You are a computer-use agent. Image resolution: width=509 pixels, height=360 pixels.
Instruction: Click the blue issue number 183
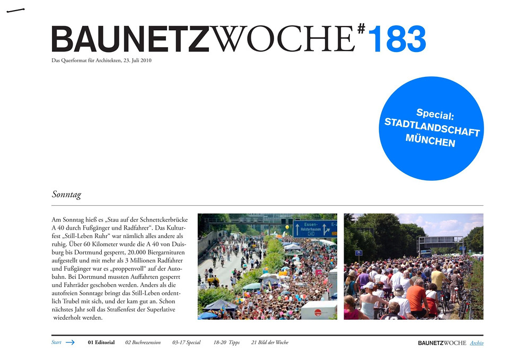397,40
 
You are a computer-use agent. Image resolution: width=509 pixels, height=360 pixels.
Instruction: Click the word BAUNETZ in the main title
130,40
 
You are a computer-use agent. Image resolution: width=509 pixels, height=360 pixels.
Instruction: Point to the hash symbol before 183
361,30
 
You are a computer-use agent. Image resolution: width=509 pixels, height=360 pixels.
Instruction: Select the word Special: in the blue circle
435,113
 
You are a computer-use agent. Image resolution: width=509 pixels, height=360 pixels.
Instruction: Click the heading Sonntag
66,195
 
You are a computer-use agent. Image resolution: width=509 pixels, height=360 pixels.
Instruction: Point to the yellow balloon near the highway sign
287,227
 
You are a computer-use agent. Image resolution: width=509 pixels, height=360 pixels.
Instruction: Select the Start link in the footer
57,343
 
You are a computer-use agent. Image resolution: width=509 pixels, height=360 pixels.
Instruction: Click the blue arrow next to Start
70,343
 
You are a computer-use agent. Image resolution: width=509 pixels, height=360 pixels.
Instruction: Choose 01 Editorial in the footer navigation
101,343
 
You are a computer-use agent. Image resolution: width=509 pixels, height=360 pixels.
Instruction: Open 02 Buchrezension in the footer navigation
143,343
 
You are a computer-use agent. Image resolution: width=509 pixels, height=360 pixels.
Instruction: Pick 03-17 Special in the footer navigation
186,343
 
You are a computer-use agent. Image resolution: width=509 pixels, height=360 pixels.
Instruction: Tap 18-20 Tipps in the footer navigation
226,343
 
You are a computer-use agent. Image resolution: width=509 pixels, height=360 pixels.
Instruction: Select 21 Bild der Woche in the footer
270,343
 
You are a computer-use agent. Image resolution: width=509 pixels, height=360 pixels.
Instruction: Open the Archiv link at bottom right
477,343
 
